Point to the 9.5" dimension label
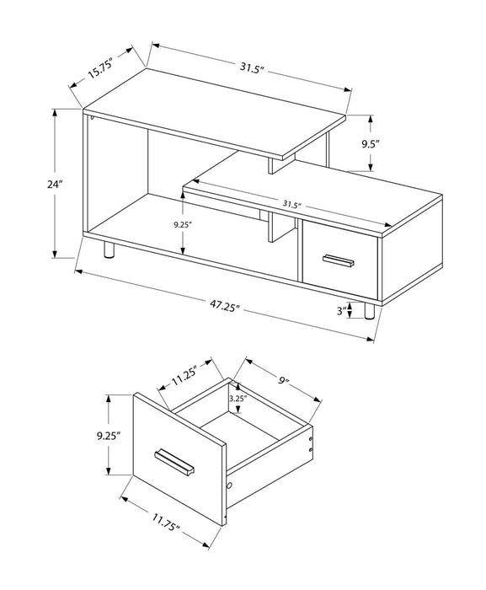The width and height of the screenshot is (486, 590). (x=370, y=144)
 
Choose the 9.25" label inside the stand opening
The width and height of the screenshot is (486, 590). (x=183, y=225)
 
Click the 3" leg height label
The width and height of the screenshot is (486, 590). (x=340, y=310)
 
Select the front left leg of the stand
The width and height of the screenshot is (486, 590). (x=107, y=249)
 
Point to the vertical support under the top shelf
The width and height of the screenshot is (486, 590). (x=271, y=163)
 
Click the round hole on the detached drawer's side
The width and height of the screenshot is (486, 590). (x=229, y=488)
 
